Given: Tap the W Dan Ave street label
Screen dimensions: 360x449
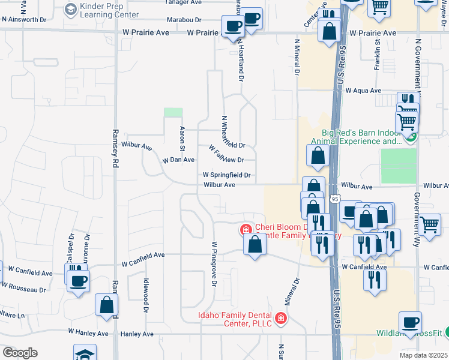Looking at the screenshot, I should point(179,160).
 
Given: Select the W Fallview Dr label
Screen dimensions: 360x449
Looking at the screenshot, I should point(226,154).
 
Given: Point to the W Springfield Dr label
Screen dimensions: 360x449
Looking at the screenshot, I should point(226,175).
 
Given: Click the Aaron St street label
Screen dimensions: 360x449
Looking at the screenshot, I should point(181,139).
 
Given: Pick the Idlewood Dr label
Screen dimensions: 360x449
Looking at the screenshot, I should point(145,295).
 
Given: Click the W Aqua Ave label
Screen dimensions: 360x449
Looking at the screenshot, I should point(364,91).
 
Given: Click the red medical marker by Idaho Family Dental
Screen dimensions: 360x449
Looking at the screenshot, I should point(280,318).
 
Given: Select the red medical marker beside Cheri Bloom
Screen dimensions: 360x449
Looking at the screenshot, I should point(246,229).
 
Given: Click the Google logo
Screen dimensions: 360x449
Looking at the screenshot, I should point(19,353).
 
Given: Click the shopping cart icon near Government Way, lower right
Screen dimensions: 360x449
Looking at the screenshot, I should point(430,224).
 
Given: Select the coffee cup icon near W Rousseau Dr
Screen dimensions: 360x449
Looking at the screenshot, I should point(78,280).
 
